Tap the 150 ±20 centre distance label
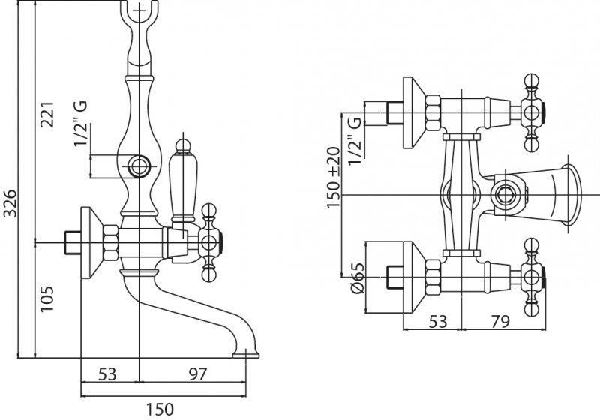pyautogui.click(x=334, y=176)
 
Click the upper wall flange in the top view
pyautogui.click(x=413, y=113)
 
